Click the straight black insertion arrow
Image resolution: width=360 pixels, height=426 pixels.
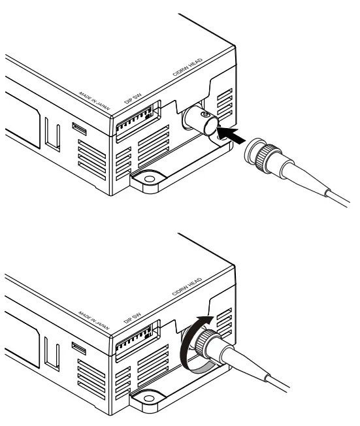(x=234, y=136)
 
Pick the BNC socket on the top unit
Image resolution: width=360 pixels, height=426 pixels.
(x=201, y=122)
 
